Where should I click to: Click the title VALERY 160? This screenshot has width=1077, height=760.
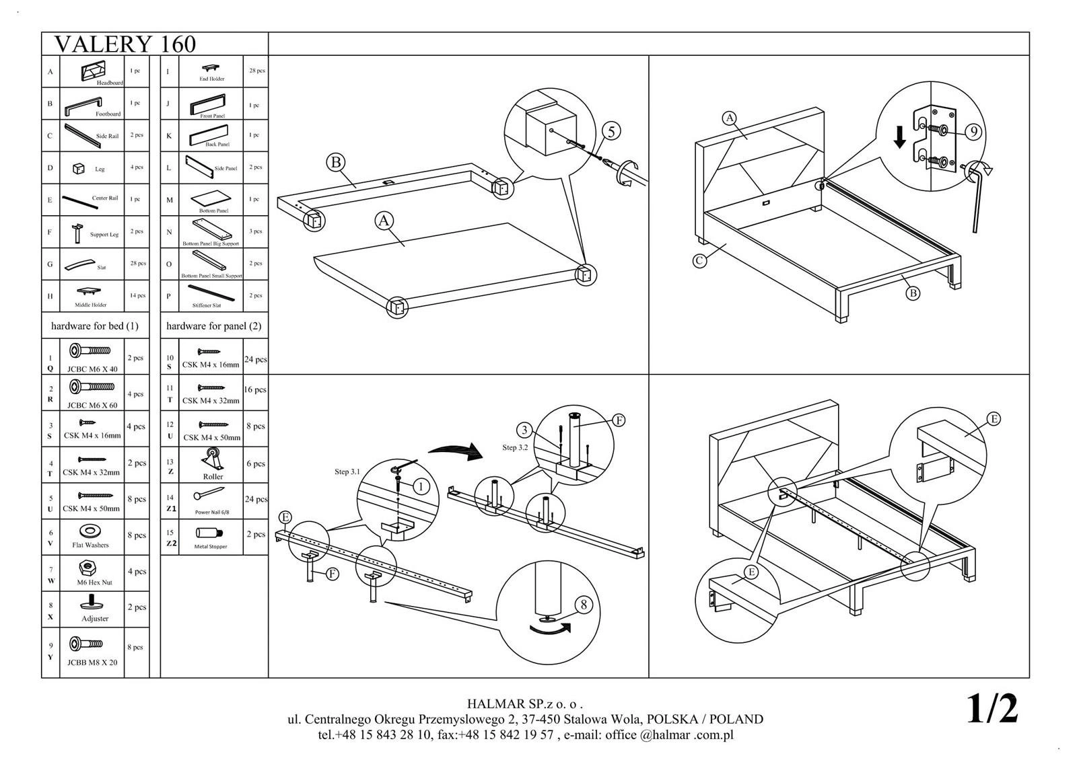pyautogui.click(x=125, y=44)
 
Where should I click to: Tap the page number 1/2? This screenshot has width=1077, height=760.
pyautogui.click(x=992, y=708)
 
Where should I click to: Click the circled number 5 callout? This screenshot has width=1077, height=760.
pyautogui.click(x=611, y=131)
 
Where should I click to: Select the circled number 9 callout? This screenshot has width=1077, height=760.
pyautogui.click(x=973, y=132)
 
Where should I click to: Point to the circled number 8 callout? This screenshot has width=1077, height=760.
pyautogui.click(x=584, y=605)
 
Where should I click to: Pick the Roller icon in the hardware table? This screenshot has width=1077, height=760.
pyautogui.click(x=212, y=461)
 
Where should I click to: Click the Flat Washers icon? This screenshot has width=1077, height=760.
pyautogui.click(x=86, y=532)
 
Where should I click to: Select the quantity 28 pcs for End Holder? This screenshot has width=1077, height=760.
pyautogui.click(x=256, y=71)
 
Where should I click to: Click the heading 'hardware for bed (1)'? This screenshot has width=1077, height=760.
pyautogui.click(x=95, y=326)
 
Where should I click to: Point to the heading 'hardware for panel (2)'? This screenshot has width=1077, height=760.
pyautogui.click(x=214, y=326)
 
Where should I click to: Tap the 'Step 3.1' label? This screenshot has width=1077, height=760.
pyautogui.click(x=347, y=471)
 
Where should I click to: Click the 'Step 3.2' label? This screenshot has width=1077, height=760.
pyautogui.click(x=515, y=447)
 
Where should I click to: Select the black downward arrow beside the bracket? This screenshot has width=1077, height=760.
pyautogui.click(x=899, y=137)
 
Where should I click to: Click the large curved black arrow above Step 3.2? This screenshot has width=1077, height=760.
pyautogui.click(x=455, y=451)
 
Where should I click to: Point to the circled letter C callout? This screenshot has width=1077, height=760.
pyautogui.click(x=700, y=260)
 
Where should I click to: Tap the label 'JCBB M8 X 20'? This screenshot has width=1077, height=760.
pyautogui.click(x=92, y=662)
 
